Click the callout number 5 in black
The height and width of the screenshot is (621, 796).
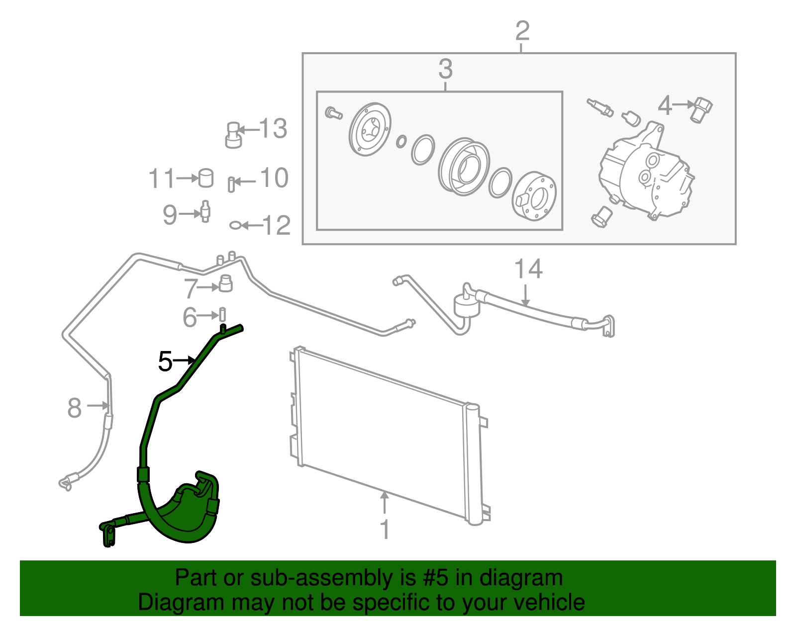[165, 361]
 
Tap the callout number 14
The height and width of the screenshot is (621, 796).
[528, 269]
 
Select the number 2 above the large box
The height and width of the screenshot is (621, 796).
[522, 31]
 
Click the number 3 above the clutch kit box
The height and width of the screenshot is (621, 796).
[445, 69]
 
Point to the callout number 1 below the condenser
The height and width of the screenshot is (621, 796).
[385, 530]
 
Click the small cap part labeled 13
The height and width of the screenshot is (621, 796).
[233, 135]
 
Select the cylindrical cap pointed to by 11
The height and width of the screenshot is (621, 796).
[206, 178]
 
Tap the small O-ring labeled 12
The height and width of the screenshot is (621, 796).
[235, 226]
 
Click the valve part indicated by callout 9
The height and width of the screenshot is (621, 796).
[205, 211]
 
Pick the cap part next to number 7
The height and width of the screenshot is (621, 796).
[226, 283]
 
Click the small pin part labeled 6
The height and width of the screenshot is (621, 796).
[223, 314]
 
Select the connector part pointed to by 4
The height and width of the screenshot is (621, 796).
[701, 109]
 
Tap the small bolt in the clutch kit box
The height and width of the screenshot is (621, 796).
[333, 113]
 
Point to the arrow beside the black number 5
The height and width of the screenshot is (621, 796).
[185, 359]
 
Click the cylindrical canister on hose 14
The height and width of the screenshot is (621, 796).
[466, 304]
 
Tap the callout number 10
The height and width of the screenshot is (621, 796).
[274, 178]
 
